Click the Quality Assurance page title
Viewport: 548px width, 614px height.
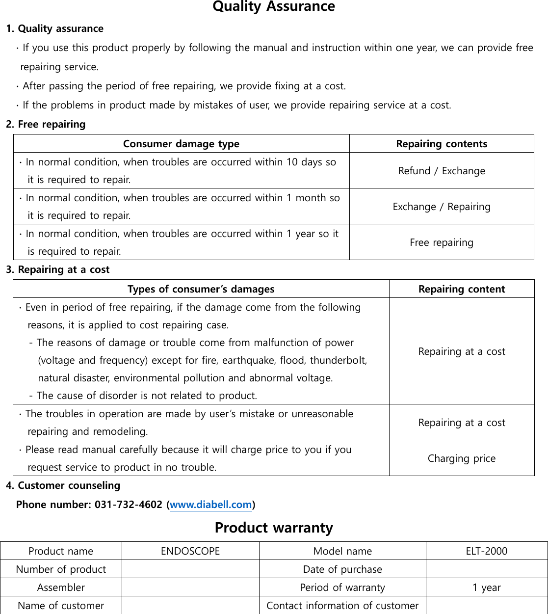(x=274, y=7)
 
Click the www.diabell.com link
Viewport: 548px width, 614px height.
(x=210, y=505)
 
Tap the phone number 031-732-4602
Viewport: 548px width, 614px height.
(x=128, y=505)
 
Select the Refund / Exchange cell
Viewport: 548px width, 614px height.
(x=442, y=171)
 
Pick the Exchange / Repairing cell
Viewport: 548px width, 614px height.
(x=442, y=207)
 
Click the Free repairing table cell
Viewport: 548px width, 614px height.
(x=442, y=242)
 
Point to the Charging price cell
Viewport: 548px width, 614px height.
(x=462, y=458)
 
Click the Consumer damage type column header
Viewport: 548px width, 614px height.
(x=181, y=144)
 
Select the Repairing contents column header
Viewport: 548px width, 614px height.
(x=442, y=144)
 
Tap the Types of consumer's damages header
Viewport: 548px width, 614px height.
(x=201, y=289)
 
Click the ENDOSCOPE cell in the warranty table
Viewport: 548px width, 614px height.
(x=190, y=551)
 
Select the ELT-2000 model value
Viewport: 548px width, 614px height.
(x=486, y=551)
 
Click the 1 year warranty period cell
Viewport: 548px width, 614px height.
(x=486, y=587)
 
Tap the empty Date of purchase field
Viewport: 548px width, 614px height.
(x=486, y=569)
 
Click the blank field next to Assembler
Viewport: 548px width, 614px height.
(x=190, y=587)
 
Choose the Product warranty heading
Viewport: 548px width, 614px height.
(x=274, y=528)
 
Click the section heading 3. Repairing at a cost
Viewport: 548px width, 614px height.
(x=58, y=269)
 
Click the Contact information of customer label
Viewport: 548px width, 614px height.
(x=342, y=606)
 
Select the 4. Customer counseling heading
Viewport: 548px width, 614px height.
(x=63, y=485)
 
